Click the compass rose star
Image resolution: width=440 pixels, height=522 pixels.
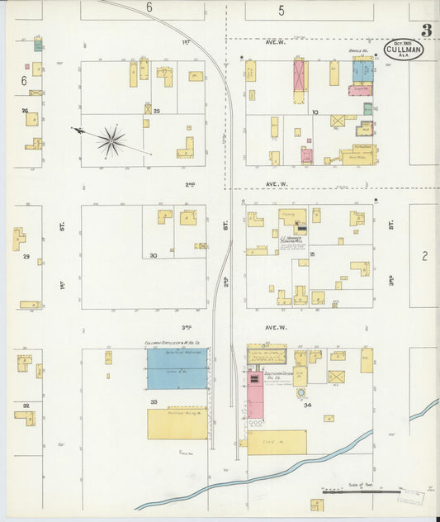[111, 140]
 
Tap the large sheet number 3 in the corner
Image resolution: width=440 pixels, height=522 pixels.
[425, 31]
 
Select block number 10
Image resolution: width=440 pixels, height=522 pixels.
[315, 111]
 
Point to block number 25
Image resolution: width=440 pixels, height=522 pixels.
[155, 110]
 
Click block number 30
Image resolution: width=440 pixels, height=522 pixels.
[154, 255]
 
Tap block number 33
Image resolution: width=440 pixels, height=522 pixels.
[154, 402]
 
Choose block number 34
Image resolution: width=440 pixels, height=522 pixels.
[308, 406]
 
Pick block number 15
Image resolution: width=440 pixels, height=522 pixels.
[313, 255]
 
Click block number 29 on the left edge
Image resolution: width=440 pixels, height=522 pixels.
[26, 258]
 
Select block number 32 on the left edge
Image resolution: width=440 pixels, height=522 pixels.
[26, 406]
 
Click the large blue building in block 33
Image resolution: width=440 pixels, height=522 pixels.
[177, 368]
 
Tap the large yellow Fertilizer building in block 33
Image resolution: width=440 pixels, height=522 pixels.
[177, 423]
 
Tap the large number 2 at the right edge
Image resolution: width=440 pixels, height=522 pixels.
[424, 256]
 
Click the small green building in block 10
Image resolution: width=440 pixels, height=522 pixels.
[367, 108]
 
